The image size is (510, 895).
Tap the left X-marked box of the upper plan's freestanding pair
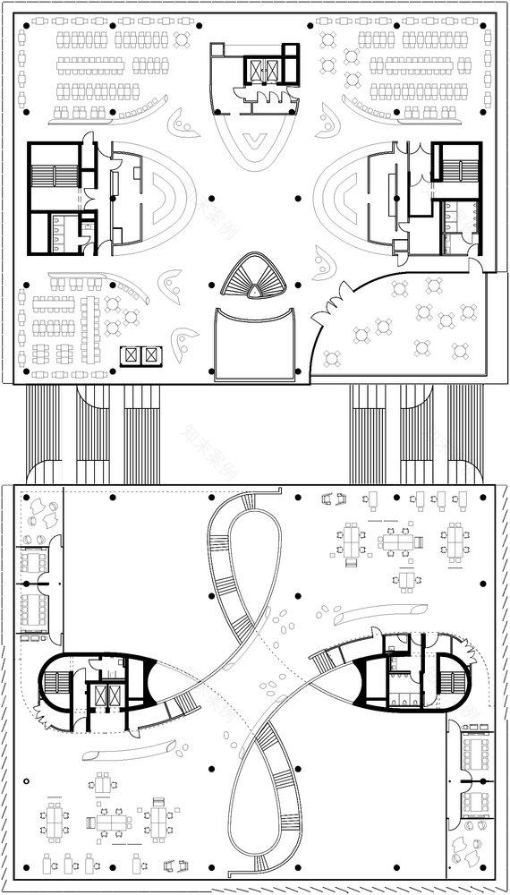coord(132,355)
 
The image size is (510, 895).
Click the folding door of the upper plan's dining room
coord(332,310)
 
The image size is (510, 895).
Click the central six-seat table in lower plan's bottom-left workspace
coord(108,820)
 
